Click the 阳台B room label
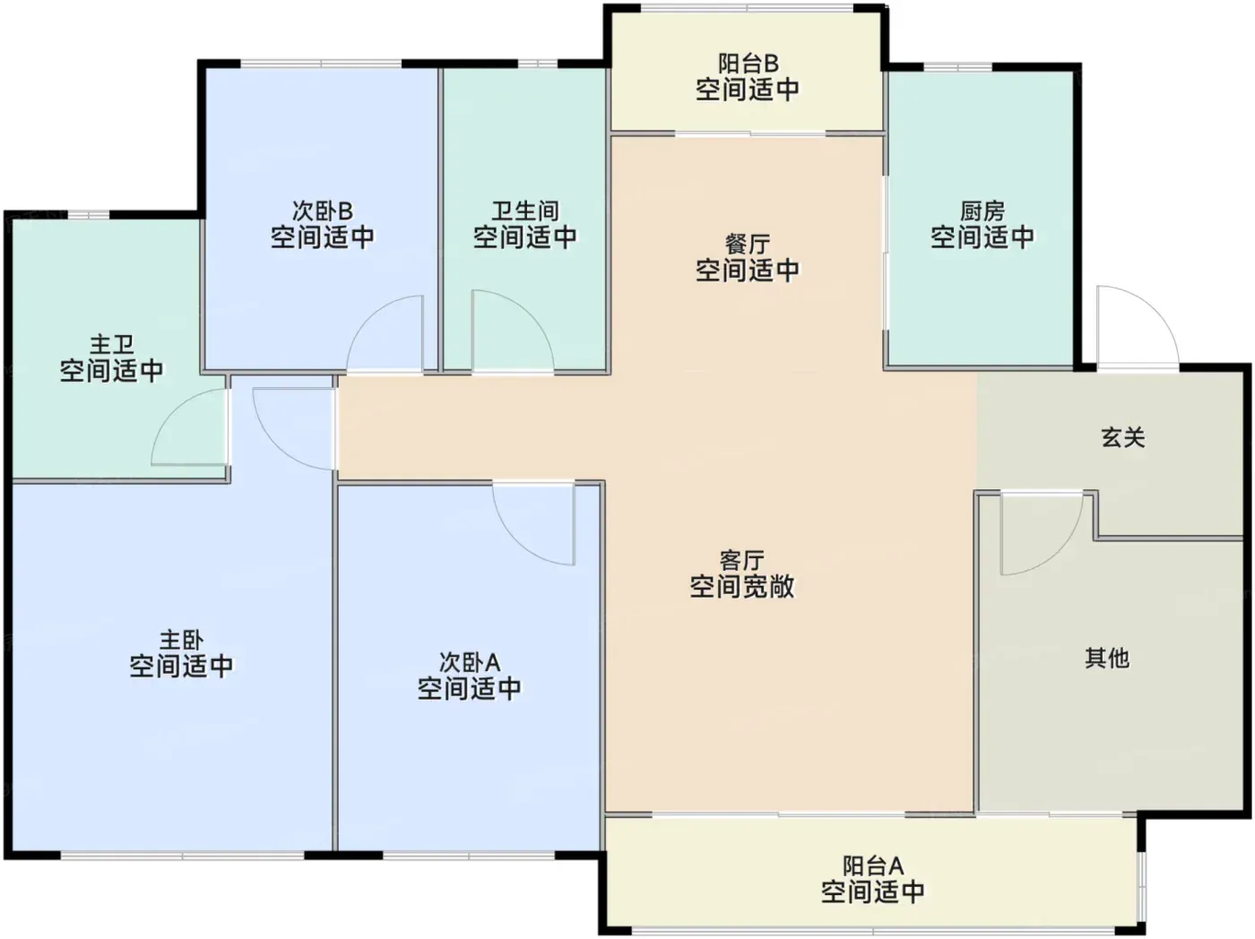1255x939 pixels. point(748,64)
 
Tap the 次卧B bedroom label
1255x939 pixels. point(323,211)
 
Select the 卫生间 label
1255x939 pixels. point(525,211)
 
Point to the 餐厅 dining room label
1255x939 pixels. point(748,244)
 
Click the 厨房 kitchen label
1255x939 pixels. point(982,211)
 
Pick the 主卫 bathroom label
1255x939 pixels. point(111,345)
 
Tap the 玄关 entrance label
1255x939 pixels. point(1123,438)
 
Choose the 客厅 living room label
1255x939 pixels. point(741,561)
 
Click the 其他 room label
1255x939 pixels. point(1107,659)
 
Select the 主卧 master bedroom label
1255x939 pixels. point(181,640)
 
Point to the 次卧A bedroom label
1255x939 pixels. point(470,662)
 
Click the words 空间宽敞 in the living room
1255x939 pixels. point(741,586)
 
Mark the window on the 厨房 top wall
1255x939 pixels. point(957,67)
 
